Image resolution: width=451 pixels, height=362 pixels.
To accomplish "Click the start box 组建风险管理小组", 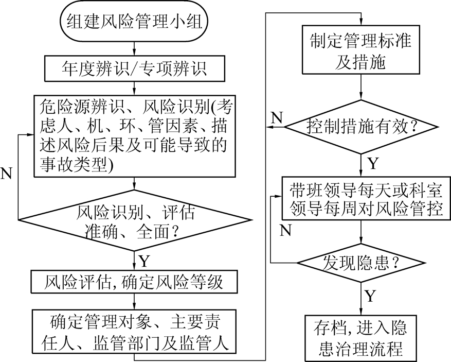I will (135, 22).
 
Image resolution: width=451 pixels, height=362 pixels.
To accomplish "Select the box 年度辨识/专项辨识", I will (135, 67).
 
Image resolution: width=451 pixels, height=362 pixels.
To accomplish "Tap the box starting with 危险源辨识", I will (135, 135).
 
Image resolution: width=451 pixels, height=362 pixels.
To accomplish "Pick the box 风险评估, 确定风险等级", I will (135, 281).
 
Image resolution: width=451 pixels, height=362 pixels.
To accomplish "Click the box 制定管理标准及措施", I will (363, 51).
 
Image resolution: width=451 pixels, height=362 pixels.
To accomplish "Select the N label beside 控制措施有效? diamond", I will (277, 117).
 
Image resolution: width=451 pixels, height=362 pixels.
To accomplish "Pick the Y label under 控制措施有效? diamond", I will (373, 163).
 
